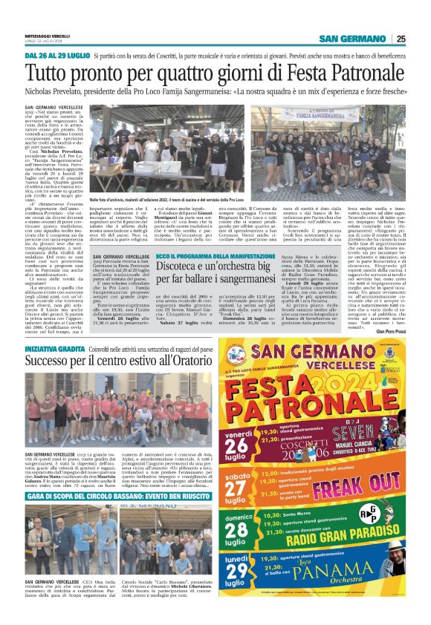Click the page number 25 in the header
click(x=421, y=39)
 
